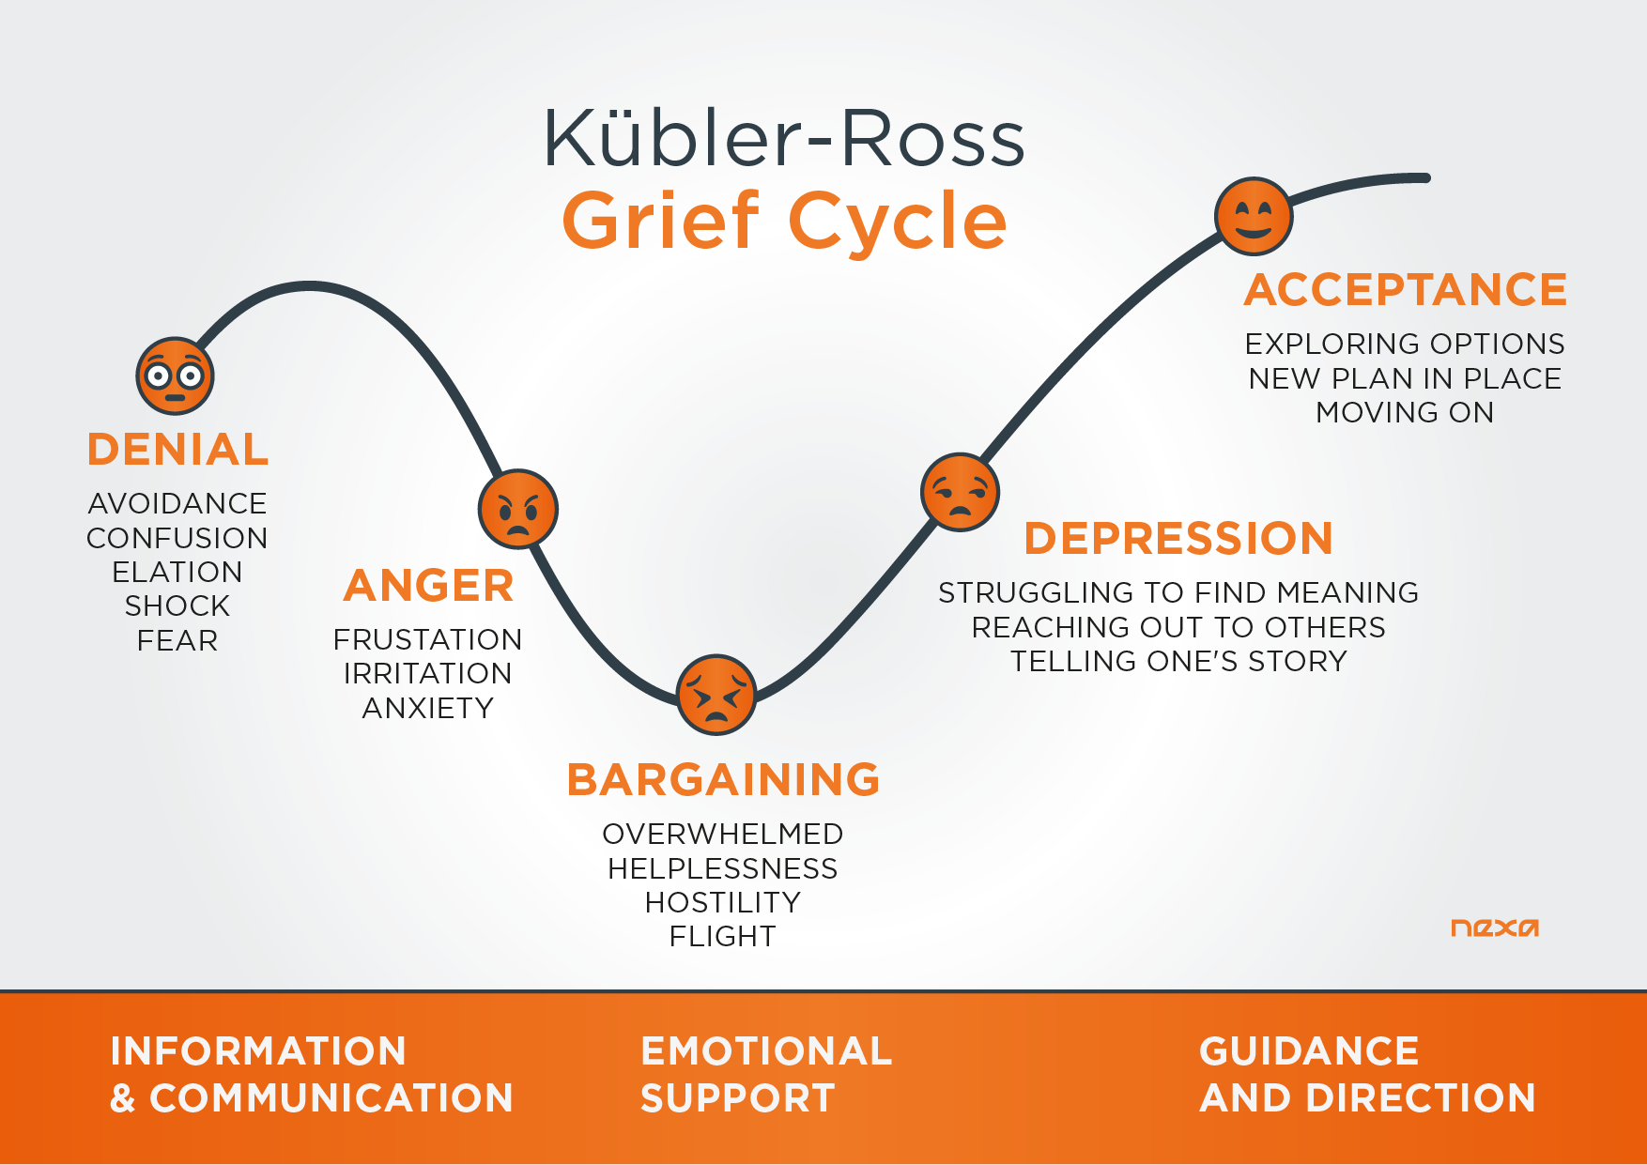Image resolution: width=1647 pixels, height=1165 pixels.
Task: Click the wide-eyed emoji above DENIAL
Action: click(176, 376)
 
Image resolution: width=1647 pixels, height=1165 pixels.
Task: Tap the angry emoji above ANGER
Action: click(518, 509)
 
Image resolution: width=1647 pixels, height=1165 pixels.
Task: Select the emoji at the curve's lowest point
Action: click(716, 695)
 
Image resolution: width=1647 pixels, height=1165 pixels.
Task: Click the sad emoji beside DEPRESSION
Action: click(960, 492)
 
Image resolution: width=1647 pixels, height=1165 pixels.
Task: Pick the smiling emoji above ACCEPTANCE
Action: click(1254, 216)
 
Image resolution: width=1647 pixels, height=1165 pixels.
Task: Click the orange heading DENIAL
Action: click(178, 450)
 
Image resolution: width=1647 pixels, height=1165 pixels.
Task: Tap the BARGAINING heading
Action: click(724, 780)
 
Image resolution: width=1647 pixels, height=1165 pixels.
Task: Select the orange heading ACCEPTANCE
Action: click(1406, 289)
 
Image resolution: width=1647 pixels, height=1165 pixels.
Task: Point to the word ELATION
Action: click(177, 572)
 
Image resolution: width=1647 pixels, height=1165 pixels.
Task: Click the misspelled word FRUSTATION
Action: click(427, 639)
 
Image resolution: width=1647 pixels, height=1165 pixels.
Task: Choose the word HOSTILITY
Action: click(723, 902)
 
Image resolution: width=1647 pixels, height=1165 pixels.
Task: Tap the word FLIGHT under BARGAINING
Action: click(723, 937)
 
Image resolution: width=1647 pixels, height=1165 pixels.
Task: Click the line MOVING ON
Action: click(1405, 412)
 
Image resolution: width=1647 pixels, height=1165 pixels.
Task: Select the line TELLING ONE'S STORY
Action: click(1178, 661)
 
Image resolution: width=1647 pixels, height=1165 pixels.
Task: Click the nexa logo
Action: click(1495, 927)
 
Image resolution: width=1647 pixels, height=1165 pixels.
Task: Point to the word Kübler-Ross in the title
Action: click(784, 138)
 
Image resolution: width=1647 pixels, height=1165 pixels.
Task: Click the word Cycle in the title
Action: click(898, 222)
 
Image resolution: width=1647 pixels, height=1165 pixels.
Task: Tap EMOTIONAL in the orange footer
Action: click(766, 1051)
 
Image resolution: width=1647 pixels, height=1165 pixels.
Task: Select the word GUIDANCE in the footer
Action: click(1309, 1051)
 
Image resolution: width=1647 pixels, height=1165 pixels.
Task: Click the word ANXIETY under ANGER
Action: click(428, 708)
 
